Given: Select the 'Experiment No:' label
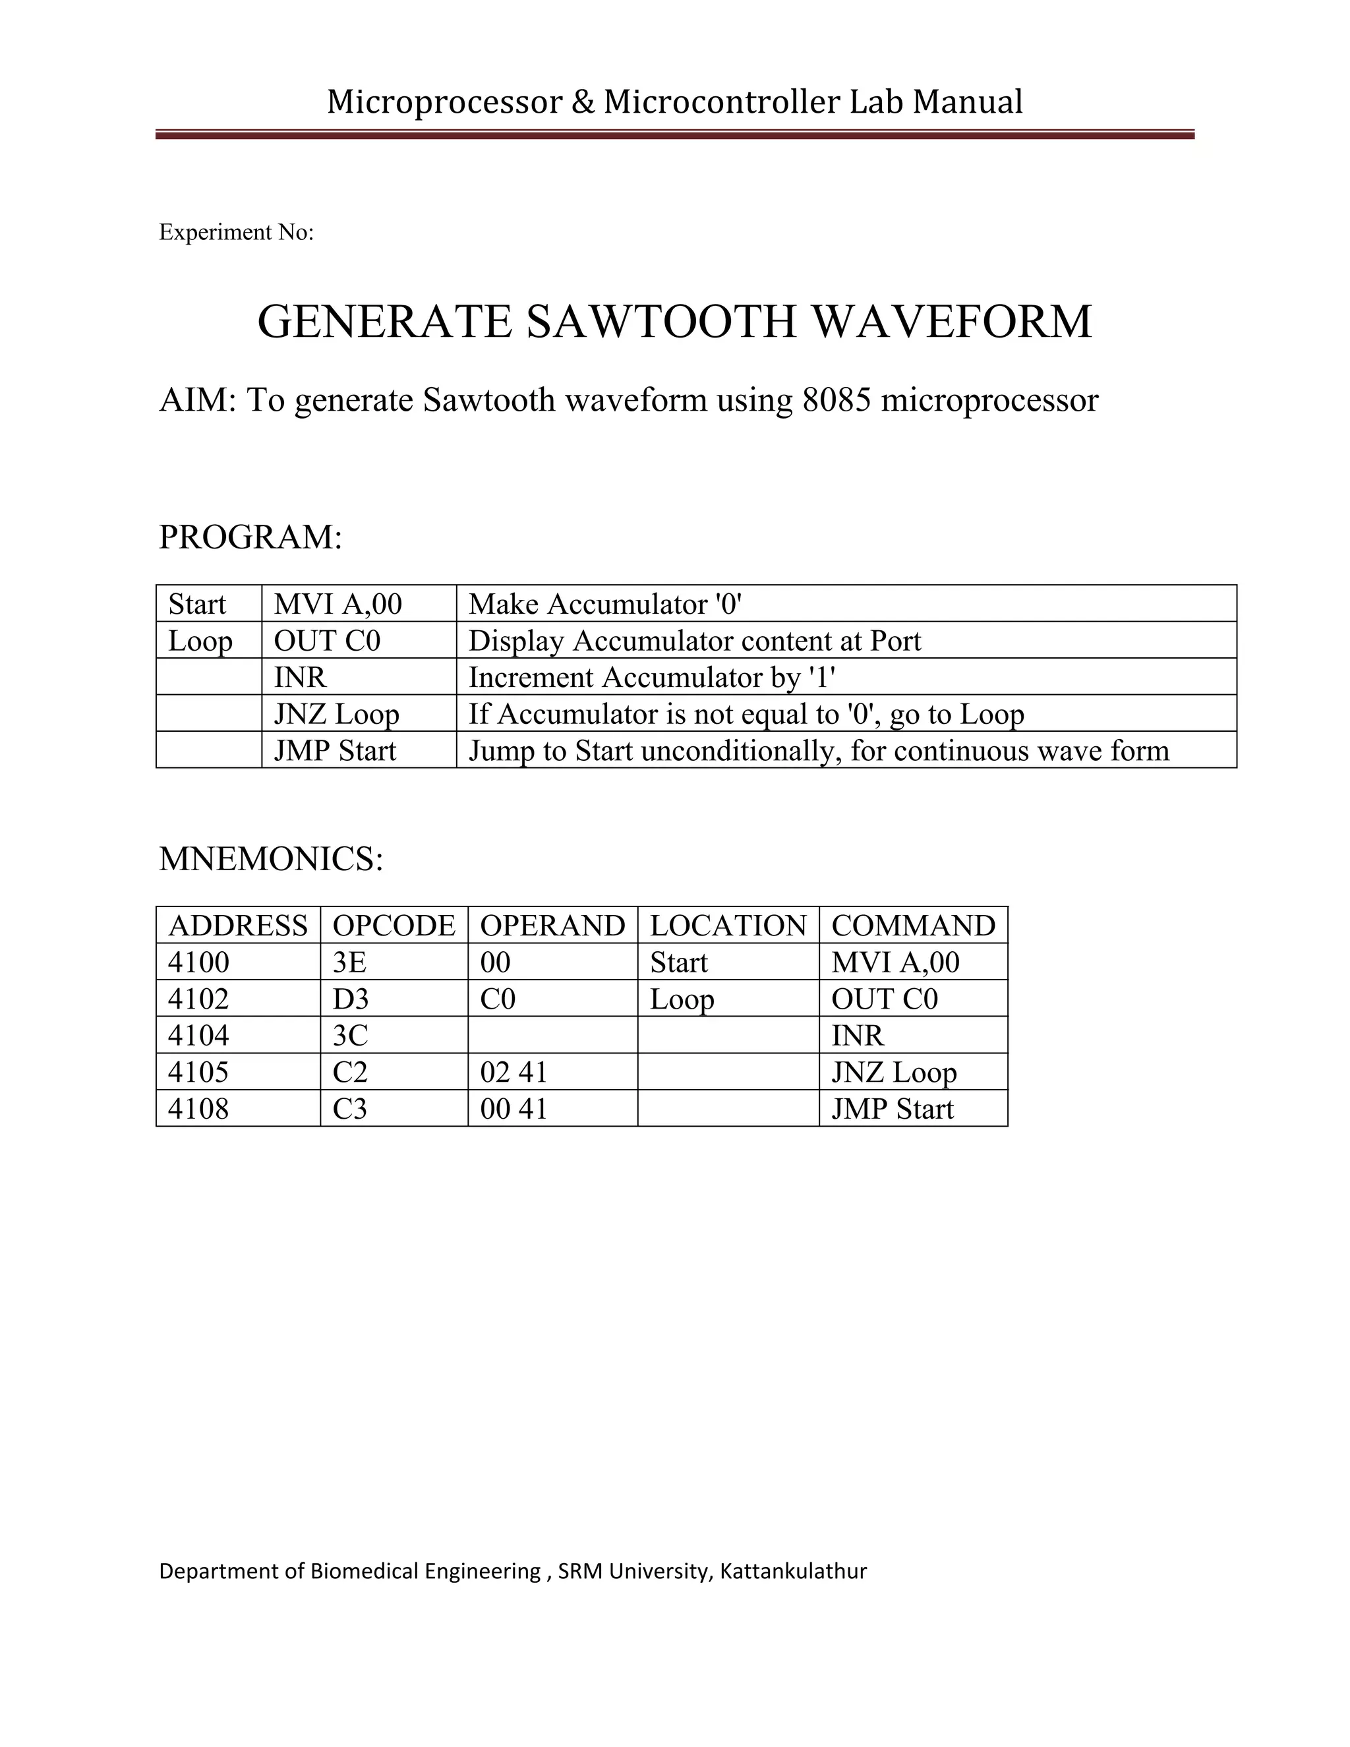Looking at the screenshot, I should [x=236, y=232].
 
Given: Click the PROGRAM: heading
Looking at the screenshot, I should [x=250, y=537].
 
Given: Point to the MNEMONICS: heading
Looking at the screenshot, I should [x=271, y=859].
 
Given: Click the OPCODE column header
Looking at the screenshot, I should [x=394, y=926].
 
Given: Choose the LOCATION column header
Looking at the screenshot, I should [x=728, y=926].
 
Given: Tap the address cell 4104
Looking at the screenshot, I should [x=198, y=1036].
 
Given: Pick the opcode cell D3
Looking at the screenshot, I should [x=350, y=999].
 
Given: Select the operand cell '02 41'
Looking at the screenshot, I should [x=514, y=1073].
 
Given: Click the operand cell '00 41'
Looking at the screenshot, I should [x=514, y=1110].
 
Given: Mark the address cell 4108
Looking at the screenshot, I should [x=198, y=1110].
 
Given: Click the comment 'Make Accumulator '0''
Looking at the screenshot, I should [x=605, y=605].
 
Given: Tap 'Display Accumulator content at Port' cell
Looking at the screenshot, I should [x=694, y=641].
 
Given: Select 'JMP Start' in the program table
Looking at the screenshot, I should [x=334, y=751].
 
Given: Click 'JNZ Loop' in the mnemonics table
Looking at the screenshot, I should [x=893, y=1073].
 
